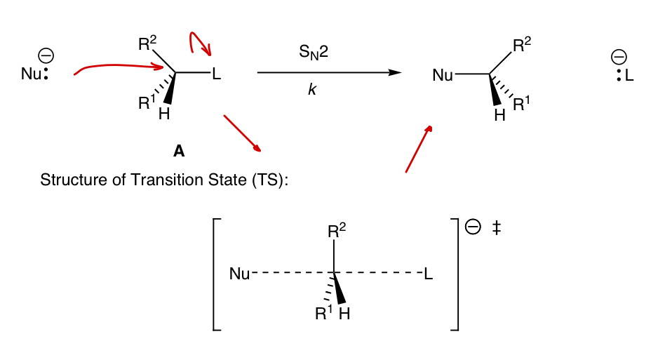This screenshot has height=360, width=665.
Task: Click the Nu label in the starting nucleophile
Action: pyautogui.click(x=31, y=73)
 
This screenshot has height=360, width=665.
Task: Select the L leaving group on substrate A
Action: pyautogui.click(x=216, y=73)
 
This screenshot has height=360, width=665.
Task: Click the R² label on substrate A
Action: pyautogui.click(x=148, y=44)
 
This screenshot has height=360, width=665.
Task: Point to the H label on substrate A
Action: pyautogui.click(x=164, y=114)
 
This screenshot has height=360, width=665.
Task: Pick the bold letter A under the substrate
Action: pyautogui.click(x=179, y=151)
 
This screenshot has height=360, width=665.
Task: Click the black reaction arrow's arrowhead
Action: pyautogui.click(x=396, y=72)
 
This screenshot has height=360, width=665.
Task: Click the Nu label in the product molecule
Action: pyautogui.click(x=443, y=74)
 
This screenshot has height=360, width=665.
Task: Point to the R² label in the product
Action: pyautogui.click(x=522, y=46)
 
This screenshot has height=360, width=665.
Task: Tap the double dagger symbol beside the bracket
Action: pyautogui.click(x=496, y=229)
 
